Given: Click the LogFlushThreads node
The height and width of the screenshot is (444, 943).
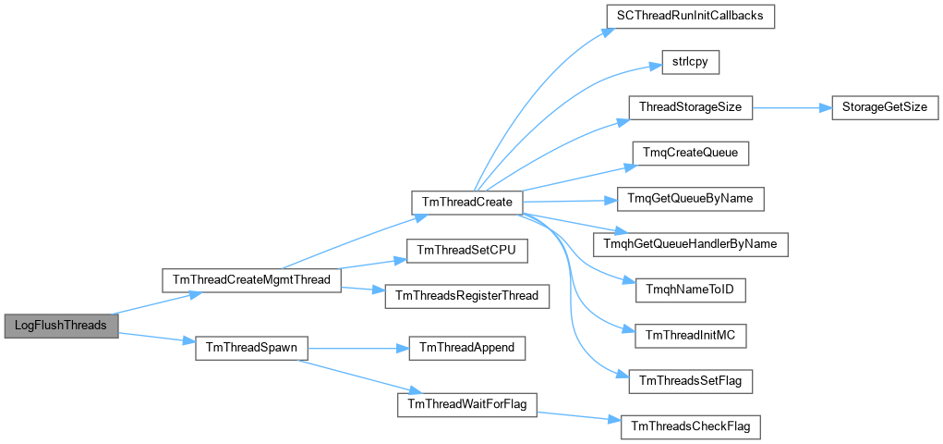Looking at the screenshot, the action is (61, 326).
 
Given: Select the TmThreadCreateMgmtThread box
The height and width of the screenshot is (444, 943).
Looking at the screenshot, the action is (252, 281).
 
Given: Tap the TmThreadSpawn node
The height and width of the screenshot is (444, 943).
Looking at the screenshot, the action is (252, 349).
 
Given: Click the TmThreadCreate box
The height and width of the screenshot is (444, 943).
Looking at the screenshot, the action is (466, 203).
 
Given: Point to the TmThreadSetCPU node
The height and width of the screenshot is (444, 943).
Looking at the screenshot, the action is (467, 251).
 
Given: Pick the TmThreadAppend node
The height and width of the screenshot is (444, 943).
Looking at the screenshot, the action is (467, 349).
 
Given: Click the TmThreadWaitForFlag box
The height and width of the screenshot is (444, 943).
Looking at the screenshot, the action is (466, 404).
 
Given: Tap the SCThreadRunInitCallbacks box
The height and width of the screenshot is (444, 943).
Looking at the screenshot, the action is (691, 17).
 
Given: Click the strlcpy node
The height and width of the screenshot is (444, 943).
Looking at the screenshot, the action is (691, 63).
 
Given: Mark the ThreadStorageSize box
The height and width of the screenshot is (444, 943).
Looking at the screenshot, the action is (691, 107).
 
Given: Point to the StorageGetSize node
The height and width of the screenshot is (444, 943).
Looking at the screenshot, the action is (884, 107).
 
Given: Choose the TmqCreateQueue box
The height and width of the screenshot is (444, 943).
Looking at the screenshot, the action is (691, 154).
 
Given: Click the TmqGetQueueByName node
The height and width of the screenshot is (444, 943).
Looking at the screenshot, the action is (691, 199).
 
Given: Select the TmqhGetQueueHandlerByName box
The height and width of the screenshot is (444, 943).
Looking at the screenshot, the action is (691, 244).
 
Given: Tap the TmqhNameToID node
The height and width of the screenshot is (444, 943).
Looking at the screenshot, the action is (691, 290).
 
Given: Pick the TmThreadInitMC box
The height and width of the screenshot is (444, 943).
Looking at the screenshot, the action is (691, 336).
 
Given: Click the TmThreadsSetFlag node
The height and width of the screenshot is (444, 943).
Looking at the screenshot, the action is (691, 382).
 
